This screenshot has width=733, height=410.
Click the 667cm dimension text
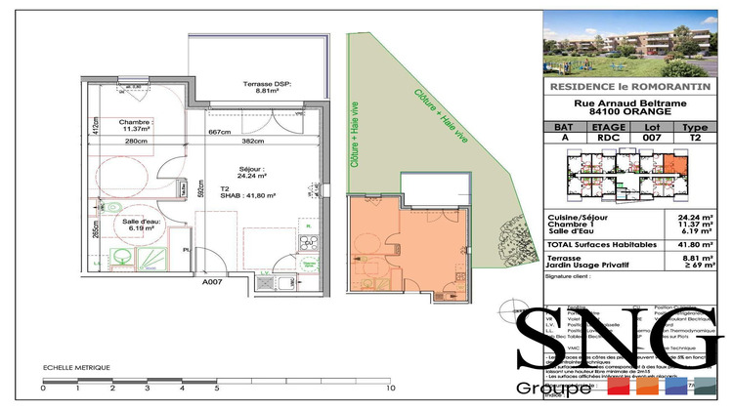pyautogui.click(x=218, y=133)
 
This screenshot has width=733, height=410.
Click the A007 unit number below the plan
pyautogui.click(x=213, y=282)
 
